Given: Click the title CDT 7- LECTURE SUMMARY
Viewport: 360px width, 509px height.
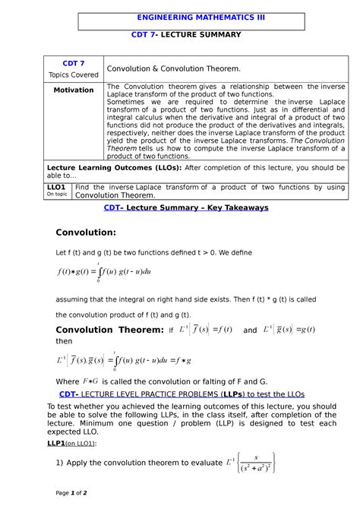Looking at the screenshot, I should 185,34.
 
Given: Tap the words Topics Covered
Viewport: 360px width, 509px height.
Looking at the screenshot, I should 73,74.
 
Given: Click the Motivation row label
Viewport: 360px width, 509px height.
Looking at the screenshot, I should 73,90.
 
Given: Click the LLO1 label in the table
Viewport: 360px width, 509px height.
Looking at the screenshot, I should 55,186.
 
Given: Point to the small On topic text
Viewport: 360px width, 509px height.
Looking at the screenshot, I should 56,194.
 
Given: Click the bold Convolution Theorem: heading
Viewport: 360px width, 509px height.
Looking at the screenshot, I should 110,329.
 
